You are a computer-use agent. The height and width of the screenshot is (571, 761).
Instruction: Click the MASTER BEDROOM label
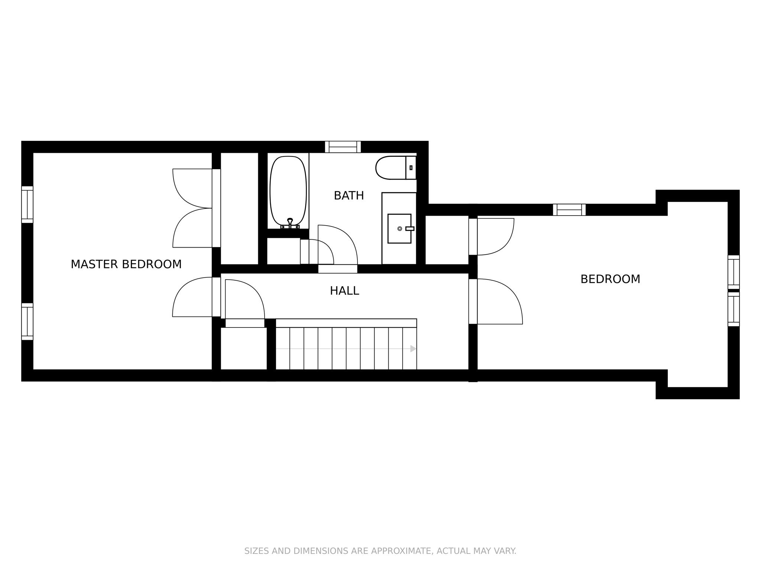point(126,264)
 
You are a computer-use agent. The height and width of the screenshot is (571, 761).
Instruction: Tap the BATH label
point(349,196)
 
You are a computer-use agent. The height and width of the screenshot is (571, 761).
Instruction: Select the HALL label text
point(344,291)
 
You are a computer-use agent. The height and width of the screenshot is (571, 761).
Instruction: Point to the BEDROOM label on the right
point(610,279)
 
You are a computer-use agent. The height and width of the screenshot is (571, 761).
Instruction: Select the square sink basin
point(399,229)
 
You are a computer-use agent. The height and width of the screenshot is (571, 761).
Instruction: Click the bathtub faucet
point(290,223)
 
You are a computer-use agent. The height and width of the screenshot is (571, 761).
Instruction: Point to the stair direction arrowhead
point(413,349)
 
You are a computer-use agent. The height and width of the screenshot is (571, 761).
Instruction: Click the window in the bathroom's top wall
point(343,147)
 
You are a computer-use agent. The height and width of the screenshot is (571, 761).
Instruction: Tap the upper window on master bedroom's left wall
point(27,204)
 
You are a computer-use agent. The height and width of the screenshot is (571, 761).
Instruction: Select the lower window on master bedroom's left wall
point(27,322)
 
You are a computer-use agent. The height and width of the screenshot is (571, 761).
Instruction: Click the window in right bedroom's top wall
point(569,210)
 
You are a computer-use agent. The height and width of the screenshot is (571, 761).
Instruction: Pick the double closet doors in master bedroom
point(192,208)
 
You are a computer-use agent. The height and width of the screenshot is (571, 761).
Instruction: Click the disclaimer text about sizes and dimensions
point(380,551)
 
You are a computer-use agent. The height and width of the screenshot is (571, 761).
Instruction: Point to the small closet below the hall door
point(244,348)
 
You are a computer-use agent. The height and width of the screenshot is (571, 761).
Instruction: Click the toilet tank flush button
point(411,168)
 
